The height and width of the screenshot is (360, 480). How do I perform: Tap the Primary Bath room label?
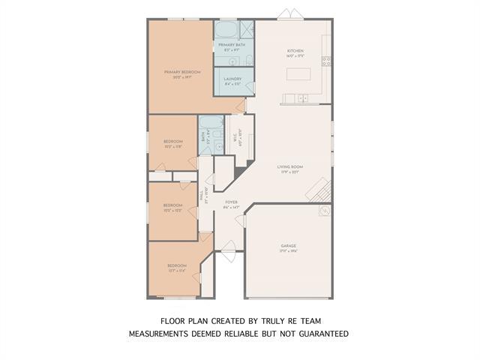[229, 47]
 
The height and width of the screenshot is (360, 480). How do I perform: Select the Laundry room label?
[232, 79]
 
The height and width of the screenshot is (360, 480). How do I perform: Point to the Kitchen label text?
[295, 53]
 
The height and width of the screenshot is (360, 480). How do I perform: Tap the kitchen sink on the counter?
[301, 98]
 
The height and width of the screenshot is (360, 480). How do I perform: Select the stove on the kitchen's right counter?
[326, 60]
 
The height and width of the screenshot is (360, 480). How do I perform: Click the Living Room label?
[289, 169]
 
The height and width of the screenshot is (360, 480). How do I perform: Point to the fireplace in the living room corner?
[319, 190]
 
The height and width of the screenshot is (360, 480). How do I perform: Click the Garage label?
[289, 248]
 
